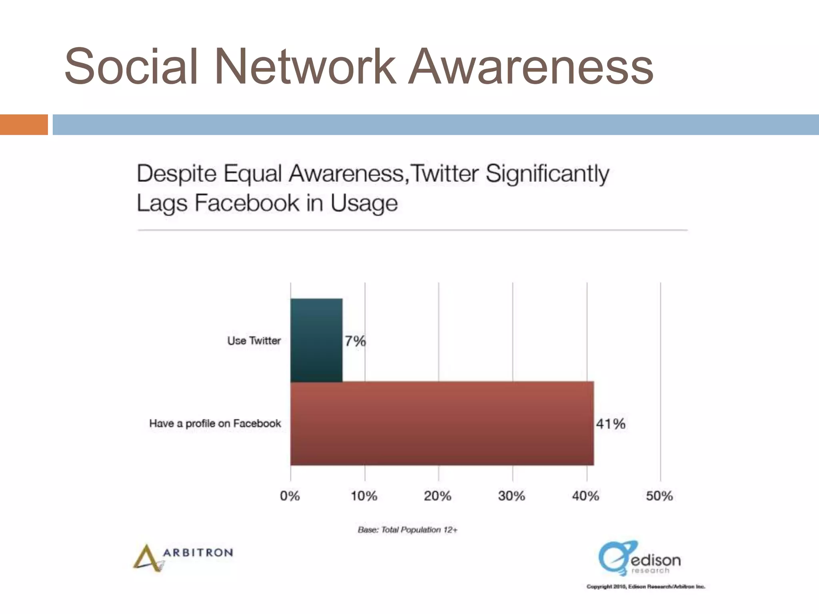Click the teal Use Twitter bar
pos(316,340)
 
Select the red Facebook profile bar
pos(442,423)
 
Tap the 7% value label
pos(355,341)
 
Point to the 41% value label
pos(610,424)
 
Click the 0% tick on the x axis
pos(290,496)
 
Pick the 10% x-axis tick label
pos(364,496)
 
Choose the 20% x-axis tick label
pos(437,496)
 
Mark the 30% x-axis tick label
pos(511,496)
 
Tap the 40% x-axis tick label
pos(585,496)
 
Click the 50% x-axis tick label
pos(659,496)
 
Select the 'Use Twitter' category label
pos(254,341)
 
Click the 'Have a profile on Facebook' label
pos(215,423)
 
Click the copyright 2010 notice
pos(646,587)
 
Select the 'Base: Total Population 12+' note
pos(408,530)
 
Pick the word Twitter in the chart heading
pos(445,174)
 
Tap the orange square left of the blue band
pos(24,124)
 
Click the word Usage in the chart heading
pos(364,203)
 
